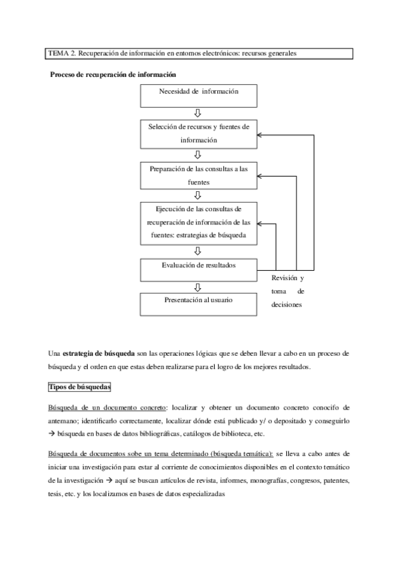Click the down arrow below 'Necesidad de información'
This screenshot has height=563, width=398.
[x=198, y=113]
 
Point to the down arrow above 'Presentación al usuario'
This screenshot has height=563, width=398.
[x=198, y=287]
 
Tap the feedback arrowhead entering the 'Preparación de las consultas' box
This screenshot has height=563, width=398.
[x=260, y=176]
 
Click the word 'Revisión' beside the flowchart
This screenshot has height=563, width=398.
[x=283, y=278]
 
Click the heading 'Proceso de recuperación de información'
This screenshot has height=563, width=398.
[x=113, y=74]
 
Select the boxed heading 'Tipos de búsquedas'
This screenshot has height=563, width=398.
[x=80, y=386]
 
